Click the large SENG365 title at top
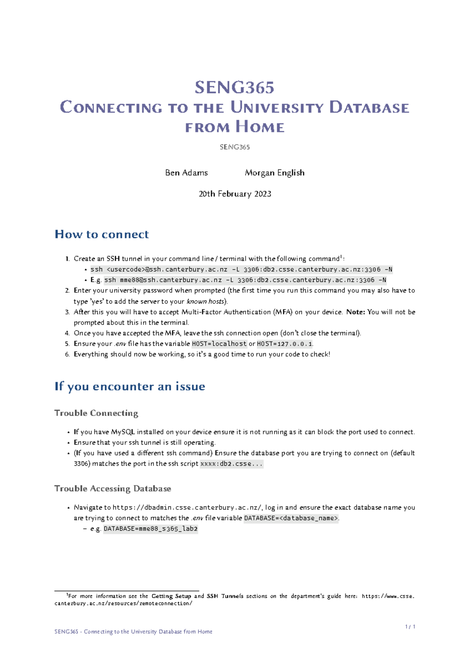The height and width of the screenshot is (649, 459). coord(234,88)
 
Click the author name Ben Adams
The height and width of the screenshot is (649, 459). coord(186,173)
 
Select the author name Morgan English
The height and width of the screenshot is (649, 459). coord(275,173)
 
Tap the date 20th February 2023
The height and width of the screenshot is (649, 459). coord(235,194)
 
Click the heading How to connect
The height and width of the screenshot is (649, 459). coord(102,234)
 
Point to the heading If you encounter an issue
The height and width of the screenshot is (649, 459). coord(130,386)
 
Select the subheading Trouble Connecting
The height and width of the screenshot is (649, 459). coord(96,413)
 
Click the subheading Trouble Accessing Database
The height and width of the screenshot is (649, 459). coord(112,489)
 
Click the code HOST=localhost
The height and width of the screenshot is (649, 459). coord(219,344)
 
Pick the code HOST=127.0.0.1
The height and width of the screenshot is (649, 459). coord(284,344)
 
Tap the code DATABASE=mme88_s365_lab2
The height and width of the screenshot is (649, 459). coord(151,529)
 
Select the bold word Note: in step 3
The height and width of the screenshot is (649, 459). coord(355,312)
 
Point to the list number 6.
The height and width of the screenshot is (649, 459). coord(67,354)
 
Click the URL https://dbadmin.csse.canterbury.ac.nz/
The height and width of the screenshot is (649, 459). coord(187,507)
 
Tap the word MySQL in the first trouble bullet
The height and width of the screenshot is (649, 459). coord(123,432)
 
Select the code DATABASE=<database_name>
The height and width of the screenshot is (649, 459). coord(291,518)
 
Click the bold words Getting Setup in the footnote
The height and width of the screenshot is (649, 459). coord(171,596)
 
